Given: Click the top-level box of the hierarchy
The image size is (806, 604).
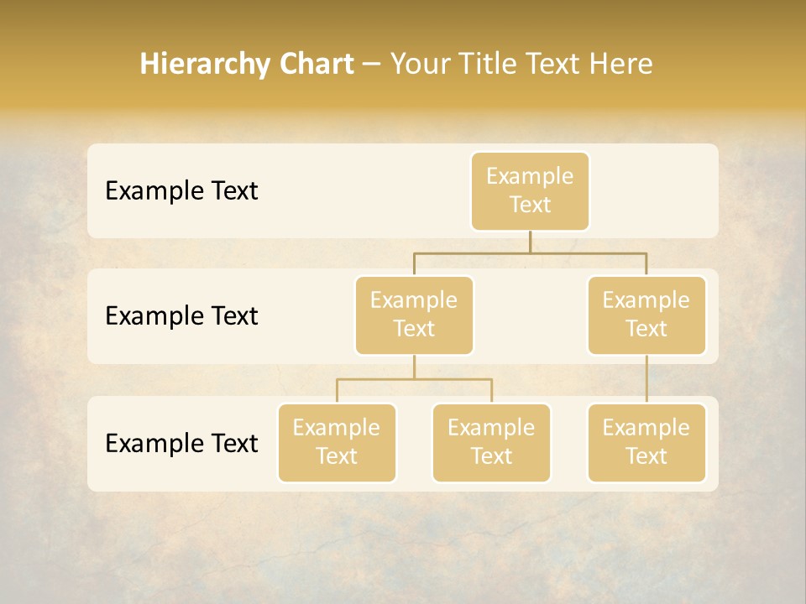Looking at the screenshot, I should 530,191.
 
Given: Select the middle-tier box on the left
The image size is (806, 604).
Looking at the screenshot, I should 414,315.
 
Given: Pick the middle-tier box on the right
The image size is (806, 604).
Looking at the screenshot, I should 646,315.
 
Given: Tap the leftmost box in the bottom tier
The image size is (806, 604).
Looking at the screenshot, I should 337,443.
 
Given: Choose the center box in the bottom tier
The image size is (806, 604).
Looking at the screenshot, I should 491,443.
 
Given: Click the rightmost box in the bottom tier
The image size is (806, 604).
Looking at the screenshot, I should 646,443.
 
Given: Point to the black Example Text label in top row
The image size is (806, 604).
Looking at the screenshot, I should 181,191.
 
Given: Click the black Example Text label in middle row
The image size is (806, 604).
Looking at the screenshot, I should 181,316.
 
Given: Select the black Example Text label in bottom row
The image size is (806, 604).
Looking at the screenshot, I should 181,443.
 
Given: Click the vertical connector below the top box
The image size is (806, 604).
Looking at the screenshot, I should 530,242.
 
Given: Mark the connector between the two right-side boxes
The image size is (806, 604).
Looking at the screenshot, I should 646,379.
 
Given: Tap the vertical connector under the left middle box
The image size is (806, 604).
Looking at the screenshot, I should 414,367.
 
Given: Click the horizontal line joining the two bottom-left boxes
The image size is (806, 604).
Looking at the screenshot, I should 414,379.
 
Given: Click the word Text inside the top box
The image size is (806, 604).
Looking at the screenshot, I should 530,205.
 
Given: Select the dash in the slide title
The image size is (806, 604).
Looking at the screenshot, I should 372,64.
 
